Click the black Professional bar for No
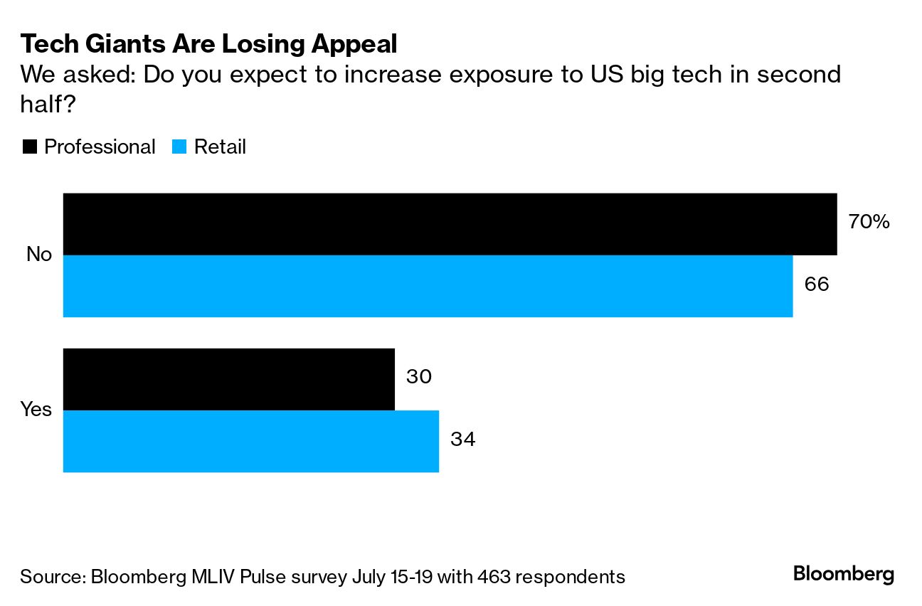click(x=450, y=224)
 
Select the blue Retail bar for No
click(x=428, y=286)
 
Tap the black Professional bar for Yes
click(x=228, y=379)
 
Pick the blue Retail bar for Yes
click(x=250, y=441)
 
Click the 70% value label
click(x=869, y=222)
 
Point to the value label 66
click(x=817, y=285)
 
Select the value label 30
click(x=419, y=377)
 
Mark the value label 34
click(x=462, y=439)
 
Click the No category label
click(x=39, y=254)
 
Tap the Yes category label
click(x=36, y=409)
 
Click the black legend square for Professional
click(x=29, y=147)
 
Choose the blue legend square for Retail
click(x=179, y=147)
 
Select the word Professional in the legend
click(x=100, y=147)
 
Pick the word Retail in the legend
click(x=220, y=147)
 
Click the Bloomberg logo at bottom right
click(x=843, y=575)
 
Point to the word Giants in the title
click(x=129, y=44)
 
